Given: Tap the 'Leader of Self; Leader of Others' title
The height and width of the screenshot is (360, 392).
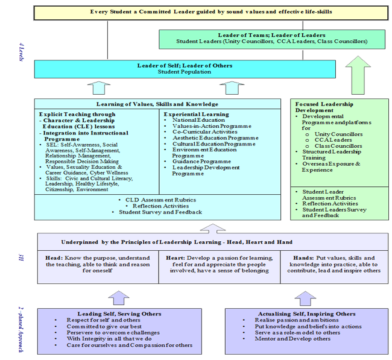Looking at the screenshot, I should (x=185, y=65).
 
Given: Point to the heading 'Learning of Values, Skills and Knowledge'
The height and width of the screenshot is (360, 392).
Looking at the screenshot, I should (x=159, y=104).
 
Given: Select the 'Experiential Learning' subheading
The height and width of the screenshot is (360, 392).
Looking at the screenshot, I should (x=197, y=114).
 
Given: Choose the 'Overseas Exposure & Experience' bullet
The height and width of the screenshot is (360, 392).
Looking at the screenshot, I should (x=332, y=166).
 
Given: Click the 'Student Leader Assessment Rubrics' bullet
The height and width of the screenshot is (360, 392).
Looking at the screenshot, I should (x=329, y=194).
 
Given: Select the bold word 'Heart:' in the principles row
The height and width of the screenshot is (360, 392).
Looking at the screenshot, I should (x=176, y=257).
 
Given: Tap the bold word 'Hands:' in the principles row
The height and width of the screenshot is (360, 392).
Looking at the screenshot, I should (x=298, y=257).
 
